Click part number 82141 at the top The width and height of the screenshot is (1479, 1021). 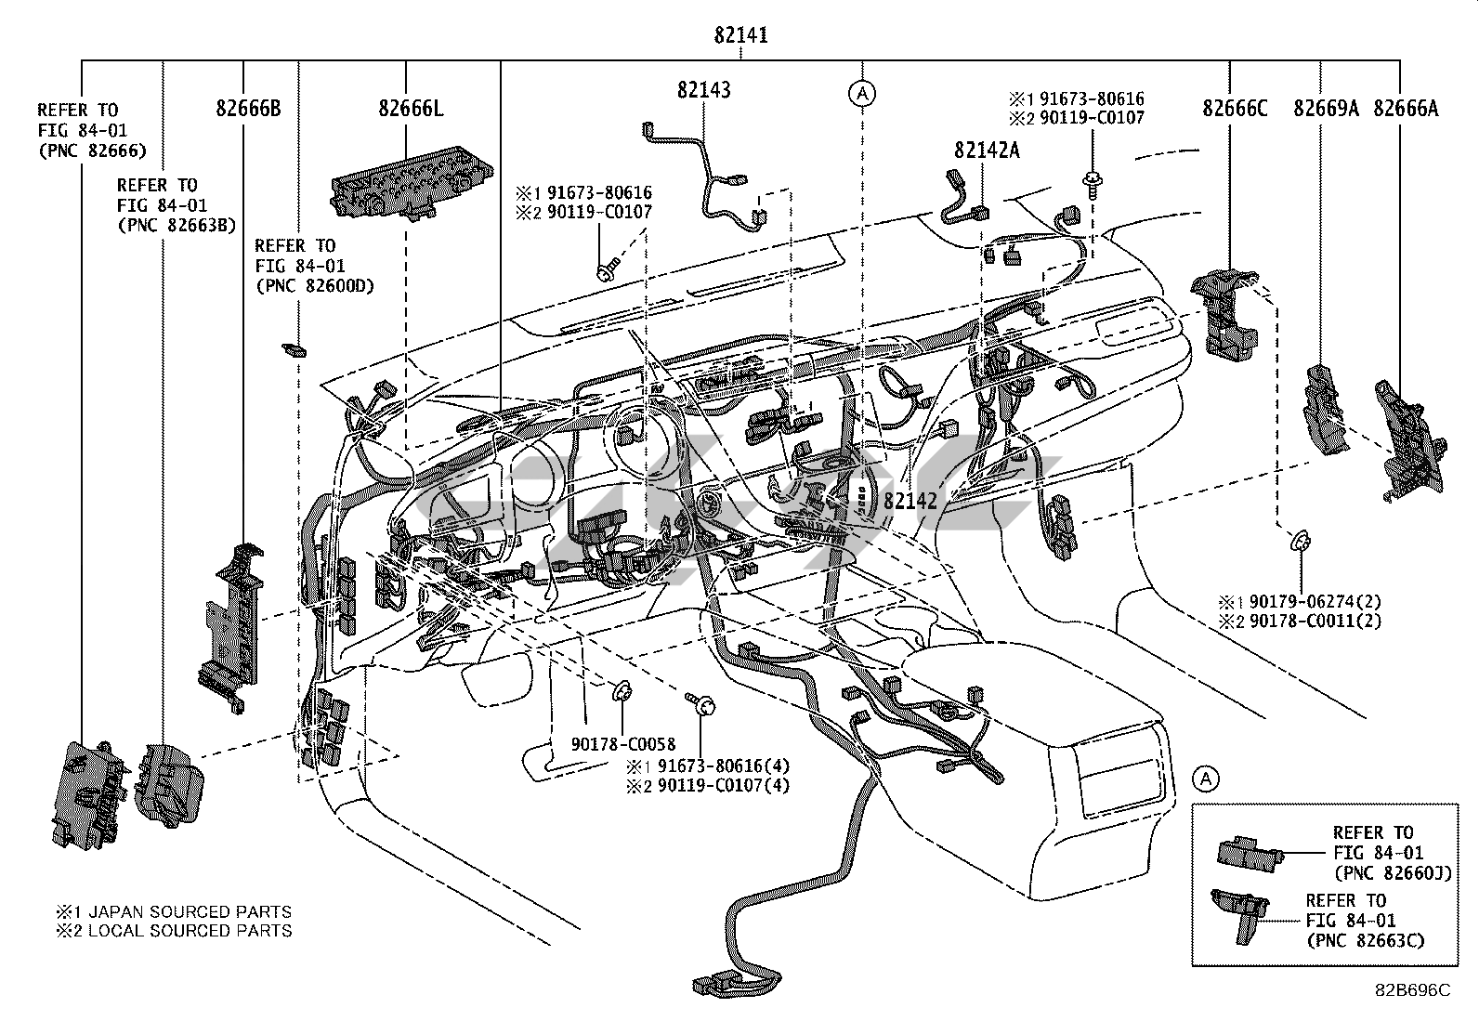click(x=740, y=36)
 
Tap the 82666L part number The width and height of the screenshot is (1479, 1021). click(x=410, y=109)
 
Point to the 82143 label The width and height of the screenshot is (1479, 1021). click(x=703, y=90)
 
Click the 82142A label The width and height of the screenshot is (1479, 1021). click(x=986, y=151)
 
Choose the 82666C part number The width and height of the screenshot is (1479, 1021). click(x=1235, y=109)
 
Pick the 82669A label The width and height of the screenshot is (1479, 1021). click(x=1326, y=109)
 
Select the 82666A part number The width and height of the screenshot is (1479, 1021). click(x=1405, y=109)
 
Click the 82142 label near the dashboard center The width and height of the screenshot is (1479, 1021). click(x=910, y=501)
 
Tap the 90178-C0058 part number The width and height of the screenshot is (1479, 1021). click(x=623, y=744)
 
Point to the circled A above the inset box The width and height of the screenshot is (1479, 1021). click(x=1205, y=779)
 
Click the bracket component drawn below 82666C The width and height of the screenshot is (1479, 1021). click(x=1224, y=311)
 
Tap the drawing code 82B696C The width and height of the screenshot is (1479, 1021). click(x=1412, y=991)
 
